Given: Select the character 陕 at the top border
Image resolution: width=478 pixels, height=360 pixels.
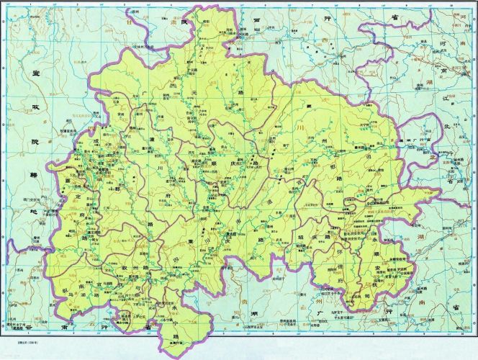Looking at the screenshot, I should pyautogui.click(x=204, y=24).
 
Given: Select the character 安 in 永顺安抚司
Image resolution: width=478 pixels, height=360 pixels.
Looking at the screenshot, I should pyautogui.click(x=376, y=268).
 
